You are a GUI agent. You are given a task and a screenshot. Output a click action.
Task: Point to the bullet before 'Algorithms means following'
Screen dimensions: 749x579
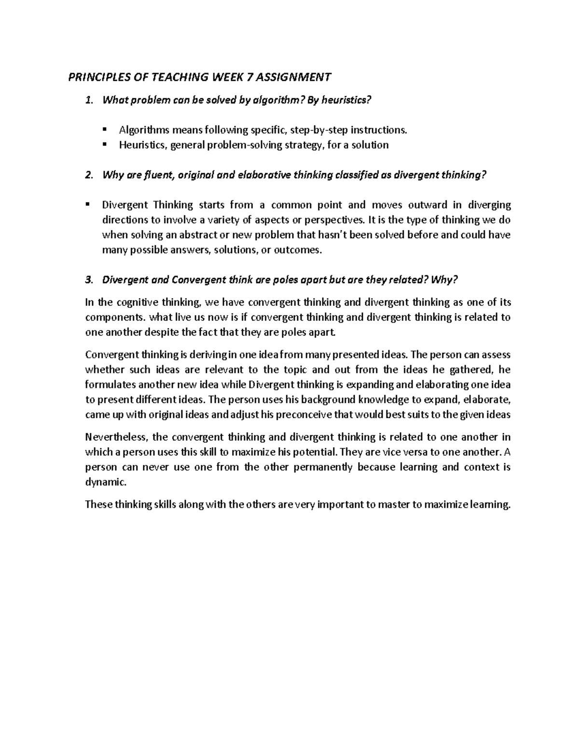105,129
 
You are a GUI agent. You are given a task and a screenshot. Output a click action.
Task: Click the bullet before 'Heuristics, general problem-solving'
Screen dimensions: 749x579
105,144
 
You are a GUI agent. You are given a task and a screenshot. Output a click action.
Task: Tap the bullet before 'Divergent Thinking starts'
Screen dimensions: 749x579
88,204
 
